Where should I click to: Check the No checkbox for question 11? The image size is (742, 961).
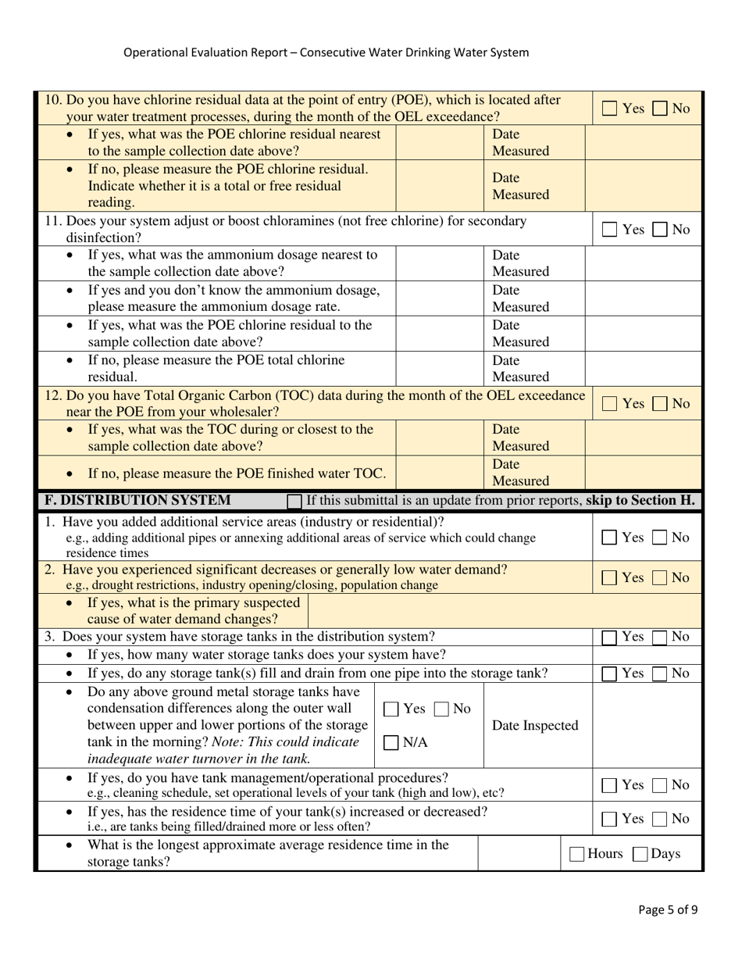coord(660,230)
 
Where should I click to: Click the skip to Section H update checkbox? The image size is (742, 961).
coord(294,501)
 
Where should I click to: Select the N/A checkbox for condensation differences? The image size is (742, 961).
coord(391,742)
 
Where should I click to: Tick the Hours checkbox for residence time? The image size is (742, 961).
coord(577,854)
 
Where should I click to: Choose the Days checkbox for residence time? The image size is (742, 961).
coord(640,854)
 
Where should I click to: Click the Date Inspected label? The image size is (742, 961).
coord(535,726)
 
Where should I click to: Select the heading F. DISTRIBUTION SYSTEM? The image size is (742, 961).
coord(137,500)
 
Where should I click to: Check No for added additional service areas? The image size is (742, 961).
coord(660,538)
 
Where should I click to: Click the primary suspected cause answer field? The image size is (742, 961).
coord(449,612)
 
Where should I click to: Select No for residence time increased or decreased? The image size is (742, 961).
coord(660,819)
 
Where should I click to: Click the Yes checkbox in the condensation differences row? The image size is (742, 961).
coord(391,709)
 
